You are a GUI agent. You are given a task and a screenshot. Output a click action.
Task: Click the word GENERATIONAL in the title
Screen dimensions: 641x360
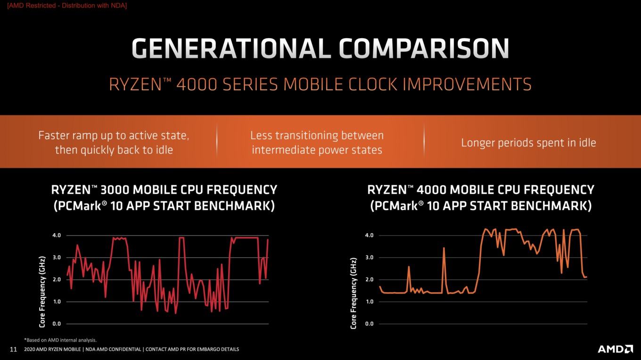pyautogui.click(x=231, y=49)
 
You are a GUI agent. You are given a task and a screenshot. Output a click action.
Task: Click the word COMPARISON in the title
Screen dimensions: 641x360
pyautogui.click(x=424, y=49)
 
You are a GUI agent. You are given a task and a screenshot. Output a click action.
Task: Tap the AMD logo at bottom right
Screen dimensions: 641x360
pyautogui.click(x=615, y=349)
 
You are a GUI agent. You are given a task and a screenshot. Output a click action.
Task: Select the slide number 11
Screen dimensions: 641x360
pyautogui.click(x=14, y=350)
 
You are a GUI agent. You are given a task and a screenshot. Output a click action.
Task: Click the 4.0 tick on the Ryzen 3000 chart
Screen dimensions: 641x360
pyautogui.click(x=57, y=236)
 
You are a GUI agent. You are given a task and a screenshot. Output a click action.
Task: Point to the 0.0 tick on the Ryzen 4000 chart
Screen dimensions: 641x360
pyautogui.click(x=369, y=324)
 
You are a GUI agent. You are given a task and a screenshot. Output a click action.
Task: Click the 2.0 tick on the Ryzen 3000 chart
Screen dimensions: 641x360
pyautogui.click(x=57, y=279)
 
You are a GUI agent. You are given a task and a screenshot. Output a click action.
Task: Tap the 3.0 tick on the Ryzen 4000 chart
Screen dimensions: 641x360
pyautogui.click(x=369, y=258)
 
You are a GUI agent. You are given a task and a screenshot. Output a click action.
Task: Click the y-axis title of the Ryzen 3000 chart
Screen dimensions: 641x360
pyautogui.click(x=42, y=292)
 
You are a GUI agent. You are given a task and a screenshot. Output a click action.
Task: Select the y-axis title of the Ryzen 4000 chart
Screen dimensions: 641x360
pyautogui.click(x=353, y=293)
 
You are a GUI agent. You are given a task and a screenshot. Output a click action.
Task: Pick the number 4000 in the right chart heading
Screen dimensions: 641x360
pyautogui.click(x=431, y=190)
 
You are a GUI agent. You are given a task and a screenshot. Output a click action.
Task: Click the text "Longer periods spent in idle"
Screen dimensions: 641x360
pyautogui.click(x=528, y=143)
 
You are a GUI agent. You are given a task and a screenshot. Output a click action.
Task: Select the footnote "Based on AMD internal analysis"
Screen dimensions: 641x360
pyautogui.click(x=61, y=340)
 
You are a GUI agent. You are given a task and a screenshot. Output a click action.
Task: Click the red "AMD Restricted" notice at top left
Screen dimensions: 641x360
pyautogui.click(x=67, y=6)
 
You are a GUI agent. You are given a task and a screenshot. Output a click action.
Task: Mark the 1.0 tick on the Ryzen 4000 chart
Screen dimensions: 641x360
pyautogui.click(x=369, y=302)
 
